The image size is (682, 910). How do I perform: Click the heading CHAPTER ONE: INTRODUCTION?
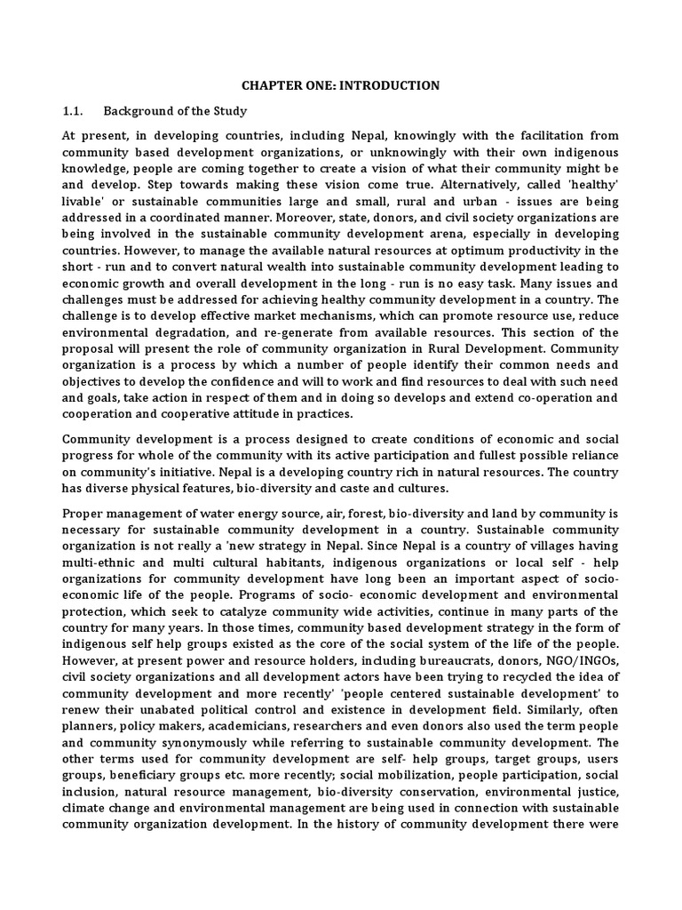pos(341,86)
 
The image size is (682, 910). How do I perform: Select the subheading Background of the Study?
pos(175,111)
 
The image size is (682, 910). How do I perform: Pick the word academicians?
pos(240,726)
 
